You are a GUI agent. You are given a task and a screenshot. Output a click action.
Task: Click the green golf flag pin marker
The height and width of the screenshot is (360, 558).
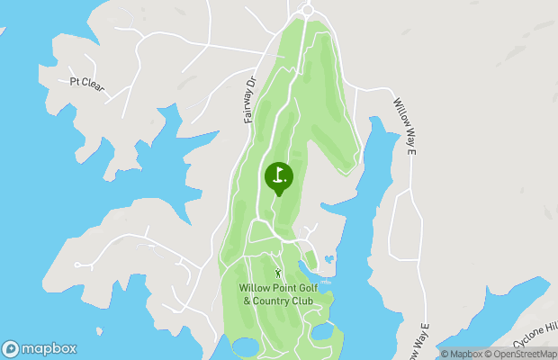(x=278, y=176)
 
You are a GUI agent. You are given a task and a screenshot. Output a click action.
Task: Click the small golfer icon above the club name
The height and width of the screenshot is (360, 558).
(x=278, y=272)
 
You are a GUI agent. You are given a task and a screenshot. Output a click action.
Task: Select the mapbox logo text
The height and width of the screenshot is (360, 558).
(x=49, y=348)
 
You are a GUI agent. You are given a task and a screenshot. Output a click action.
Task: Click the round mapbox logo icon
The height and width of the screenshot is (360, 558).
(x=11, y=348)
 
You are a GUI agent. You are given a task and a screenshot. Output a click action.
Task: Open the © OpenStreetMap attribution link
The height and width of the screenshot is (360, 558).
(x=521, y=354)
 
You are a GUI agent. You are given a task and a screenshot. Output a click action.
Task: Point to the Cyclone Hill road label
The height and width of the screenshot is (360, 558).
(x=535, y=334)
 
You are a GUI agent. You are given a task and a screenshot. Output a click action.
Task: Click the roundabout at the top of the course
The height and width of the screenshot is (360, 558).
(x=307, y=9)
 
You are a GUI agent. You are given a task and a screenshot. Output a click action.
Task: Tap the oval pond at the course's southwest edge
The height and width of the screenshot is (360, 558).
(x=244, y=347)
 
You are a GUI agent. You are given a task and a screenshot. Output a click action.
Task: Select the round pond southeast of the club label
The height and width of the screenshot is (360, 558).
(x=321, y=332)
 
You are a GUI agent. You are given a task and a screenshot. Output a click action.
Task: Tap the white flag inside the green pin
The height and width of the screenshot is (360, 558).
(x=279, y=175)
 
